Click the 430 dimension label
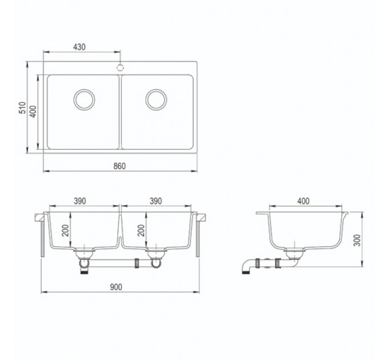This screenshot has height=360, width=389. pos(80,47)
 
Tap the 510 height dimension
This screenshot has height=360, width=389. pos(22,107)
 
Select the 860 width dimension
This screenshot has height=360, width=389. pos(120,166)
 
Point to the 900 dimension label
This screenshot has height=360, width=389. pos(116,287)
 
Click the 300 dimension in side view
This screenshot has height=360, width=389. pos(357,240)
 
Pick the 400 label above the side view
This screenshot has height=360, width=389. pos(303,201)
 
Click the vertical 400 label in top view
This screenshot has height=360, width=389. pos(33,111)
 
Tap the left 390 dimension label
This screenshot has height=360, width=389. pos(80,201)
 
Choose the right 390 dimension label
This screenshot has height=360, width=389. pos(156,201)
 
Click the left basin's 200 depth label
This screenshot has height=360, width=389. pos(65,230)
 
